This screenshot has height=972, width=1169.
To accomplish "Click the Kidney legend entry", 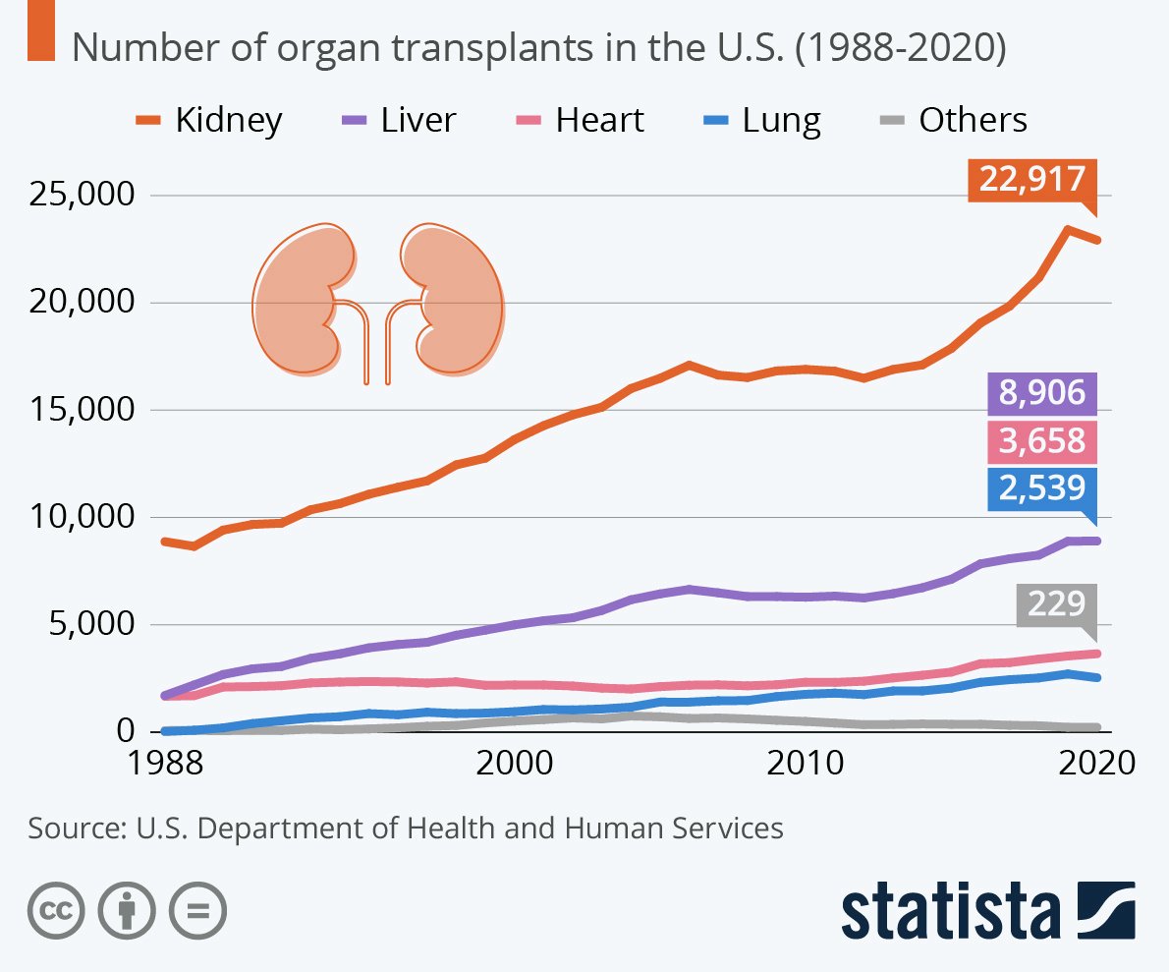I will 209,120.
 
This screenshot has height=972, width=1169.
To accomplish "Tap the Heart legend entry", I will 581,120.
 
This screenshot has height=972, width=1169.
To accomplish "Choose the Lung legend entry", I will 762,120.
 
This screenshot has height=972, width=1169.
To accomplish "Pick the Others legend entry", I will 950,120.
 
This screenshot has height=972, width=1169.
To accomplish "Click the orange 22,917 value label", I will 1031,181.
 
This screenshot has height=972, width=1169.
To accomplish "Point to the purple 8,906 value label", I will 1041,394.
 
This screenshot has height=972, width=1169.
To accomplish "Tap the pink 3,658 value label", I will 1041,441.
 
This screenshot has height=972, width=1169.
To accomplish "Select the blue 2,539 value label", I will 1041,488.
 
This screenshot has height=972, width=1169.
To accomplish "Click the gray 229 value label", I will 1056,602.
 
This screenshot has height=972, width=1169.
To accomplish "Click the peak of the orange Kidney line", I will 1067,230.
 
